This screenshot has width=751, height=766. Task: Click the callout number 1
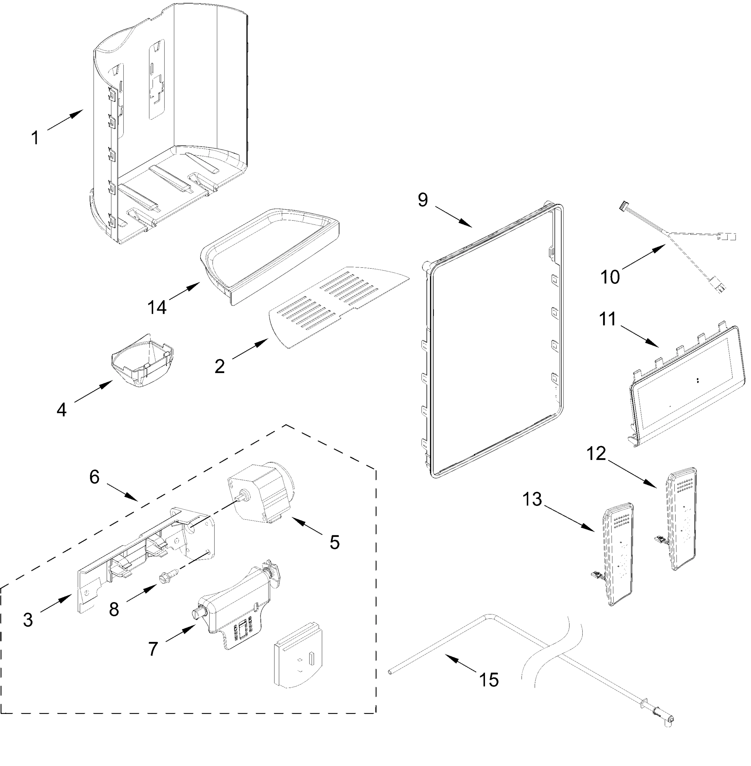coord(35,138)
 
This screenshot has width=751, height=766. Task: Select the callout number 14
coord(157,307)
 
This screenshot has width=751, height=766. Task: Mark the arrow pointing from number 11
coord(639,336)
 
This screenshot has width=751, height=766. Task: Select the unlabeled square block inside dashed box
coord(298,656)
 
